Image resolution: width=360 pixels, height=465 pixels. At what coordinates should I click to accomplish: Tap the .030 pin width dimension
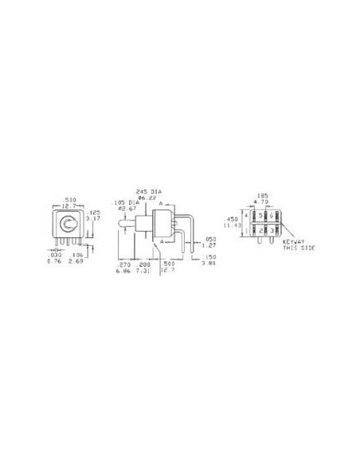pyautogui.click(x=53, y=255)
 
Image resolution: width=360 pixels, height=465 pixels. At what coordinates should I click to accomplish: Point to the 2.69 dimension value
pyautogui.click(x=76, y=261)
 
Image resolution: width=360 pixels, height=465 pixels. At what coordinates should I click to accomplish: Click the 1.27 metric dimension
pyautogui.click(x=210, y=244)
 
